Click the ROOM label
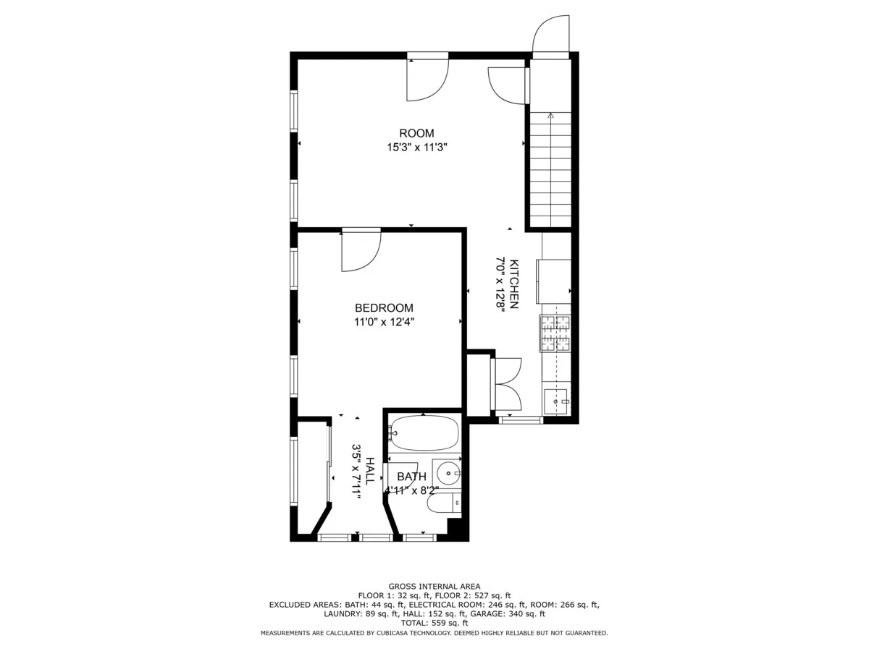(x=416, y=133)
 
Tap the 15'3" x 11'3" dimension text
(x=416, y=147)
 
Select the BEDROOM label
(x=384, y=307)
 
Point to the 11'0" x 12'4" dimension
(x=384, y=322)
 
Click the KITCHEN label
(x=514, y=284)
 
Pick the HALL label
(x=370, y=471)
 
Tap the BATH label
(x=411, y=477)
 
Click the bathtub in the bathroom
(x=424, y=433)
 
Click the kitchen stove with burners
(x=555, y=333)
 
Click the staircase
(x=550, y=170)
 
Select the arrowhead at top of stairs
(x=550, y=114)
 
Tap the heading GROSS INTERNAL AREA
(x=434, y=587)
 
